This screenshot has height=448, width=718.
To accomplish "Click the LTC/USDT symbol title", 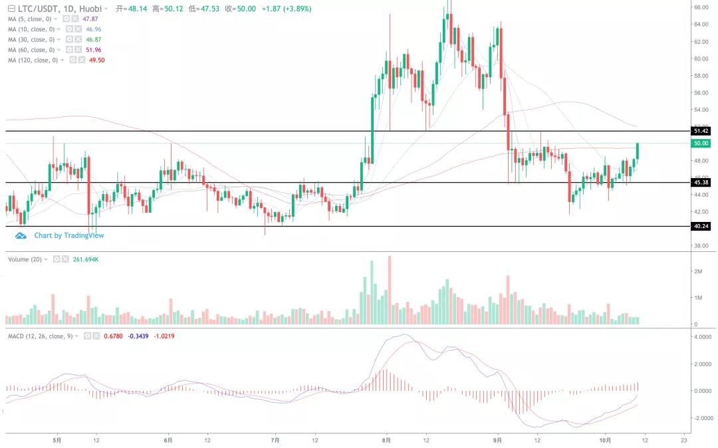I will pyautogui.click(x=41, y=9).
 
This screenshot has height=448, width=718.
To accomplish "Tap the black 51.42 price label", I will pyautogui.click(x=701, y=131).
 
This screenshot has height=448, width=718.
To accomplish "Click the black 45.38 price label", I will pyautogui.click(x=701, y=182).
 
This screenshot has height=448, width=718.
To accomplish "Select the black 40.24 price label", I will pyautogui.click(x=701, y=226).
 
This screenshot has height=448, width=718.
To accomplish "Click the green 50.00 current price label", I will pyautogui.click(x=701, y=143).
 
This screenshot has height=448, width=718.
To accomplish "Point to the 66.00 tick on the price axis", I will pyautogui.click(x=701, y=7).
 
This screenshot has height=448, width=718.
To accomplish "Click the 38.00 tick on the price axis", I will pyautogui.click(x=701, y=245).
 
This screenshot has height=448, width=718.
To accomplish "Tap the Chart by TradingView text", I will pyautogui.click(x=69, y=235).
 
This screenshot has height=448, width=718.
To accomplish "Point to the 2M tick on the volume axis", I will pyautogui.click(x=698, y=271).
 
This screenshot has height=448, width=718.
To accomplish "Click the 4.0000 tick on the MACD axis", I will pyautogui.click(x=703, y=337).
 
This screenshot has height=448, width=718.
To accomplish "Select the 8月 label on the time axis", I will pyautogui.click(x=386, y=439).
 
